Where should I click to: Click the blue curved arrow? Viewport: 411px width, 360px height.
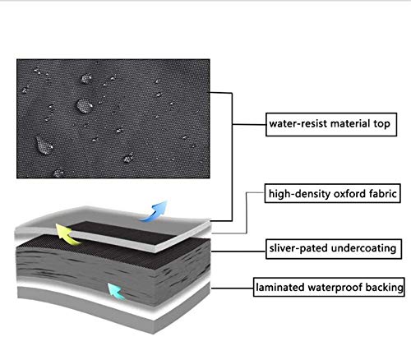[x=155, y=212]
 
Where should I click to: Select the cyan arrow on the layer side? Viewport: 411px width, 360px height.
[x=116, y=291]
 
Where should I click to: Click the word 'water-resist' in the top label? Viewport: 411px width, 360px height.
[x=298, y=124]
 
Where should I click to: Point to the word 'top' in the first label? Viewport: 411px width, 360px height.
[x=381, y=124]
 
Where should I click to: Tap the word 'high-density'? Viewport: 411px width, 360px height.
[x=299, y=194]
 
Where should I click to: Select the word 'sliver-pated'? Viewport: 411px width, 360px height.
[x=298, y=248]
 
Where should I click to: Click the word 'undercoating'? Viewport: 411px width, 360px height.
[x=363, y=248]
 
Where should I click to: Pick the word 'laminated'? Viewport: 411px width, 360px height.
[x=280, y=288]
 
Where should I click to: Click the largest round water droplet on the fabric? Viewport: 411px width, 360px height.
[x=84, y=106]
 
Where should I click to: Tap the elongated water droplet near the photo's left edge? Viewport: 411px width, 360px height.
[x=44, y=145]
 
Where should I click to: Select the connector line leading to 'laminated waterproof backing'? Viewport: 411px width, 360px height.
[x=233, y=288]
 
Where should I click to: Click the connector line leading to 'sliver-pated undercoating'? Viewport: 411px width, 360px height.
[x=238, y=251]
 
